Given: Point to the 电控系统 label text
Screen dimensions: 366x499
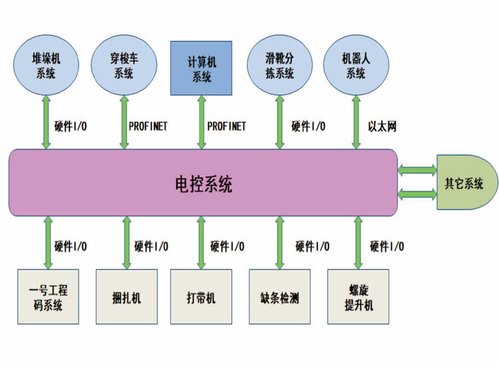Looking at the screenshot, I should pyautogui.click(x=203, y=184).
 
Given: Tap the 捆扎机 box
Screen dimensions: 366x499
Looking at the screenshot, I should pyautogui.click(x=126, y=297).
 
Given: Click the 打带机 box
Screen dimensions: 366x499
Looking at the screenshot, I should pyautogui.click(x=202, y=297).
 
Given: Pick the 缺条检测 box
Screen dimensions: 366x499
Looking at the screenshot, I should pyautogui.click(x=279, y=297).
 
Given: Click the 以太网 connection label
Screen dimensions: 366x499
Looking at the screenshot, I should pyautogui.click(x=382, y=126).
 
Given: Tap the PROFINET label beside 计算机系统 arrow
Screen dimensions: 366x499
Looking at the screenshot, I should pyautogui.click(x=226, y=126).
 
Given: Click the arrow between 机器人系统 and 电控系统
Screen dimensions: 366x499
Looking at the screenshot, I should pyautogui.click(x=357, y=120).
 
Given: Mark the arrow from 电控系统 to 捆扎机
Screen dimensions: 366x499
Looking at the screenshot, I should pyautogui.click(x=126, y=242).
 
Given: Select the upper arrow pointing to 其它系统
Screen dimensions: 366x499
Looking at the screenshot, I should pyautogui.click(x=416, y=171).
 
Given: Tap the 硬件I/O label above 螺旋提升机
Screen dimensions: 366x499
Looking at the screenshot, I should pyautogui.click(x=387, y=247).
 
